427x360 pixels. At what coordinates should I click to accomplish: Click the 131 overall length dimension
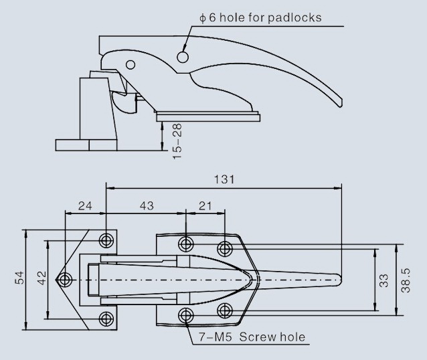click(x=224, y=179)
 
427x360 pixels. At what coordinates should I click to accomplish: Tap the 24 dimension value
click(x=85, y=206)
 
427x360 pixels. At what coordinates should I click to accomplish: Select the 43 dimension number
click(x=147, y=206)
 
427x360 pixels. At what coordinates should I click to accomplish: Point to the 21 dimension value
click(x=205, y=206)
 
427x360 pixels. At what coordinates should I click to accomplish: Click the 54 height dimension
click(x=19, y=278)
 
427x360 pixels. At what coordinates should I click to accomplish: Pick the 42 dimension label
click(x=42, y=278)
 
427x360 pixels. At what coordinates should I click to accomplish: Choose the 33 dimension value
click(x=383, y=280)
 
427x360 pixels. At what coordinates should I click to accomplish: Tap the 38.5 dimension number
click(x=406, y=280)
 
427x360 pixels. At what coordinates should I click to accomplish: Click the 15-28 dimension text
click(x=177, y=141)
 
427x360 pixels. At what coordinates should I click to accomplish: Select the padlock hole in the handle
click(x=183, y=57)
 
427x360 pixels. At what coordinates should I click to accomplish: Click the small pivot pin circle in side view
click(x=131, y=64)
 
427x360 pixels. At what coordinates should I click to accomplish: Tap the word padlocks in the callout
click(x=294, y=18)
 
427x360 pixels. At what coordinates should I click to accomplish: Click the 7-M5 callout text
click(x=215, y=337)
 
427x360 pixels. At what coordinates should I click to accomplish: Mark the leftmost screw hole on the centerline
click(x=64, y=280)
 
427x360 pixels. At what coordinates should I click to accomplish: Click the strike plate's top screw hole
click(x=106, y=240)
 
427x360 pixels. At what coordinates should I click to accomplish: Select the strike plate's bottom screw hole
click(x=106, y=319)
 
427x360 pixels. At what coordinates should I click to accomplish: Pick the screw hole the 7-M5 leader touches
click(x=185, y=315)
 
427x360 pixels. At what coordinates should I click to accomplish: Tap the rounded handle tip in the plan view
click(x=339, y=280)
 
